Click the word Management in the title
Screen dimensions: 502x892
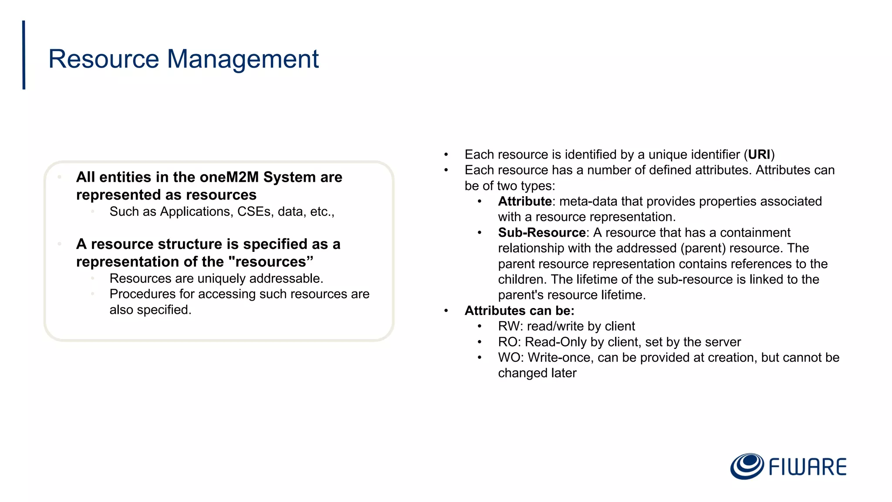point(243,59)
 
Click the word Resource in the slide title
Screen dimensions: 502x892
point(104,59)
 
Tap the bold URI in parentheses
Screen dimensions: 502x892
point(759,155)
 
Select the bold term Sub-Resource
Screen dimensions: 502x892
point(541,233)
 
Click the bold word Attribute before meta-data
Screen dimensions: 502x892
point(524,201)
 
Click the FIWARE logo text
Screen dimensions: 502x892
point(807,467)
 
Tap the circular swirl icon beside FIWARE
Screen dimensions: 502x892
point(747,466)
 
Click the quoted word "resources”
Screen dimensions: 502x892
point(270,262)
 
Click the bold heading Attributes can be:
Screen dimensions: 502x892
point(519,311)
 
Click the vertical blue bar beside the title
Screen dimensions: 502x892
point(24,55)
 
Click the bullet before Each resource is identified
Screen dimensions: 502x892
point(446,155)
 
